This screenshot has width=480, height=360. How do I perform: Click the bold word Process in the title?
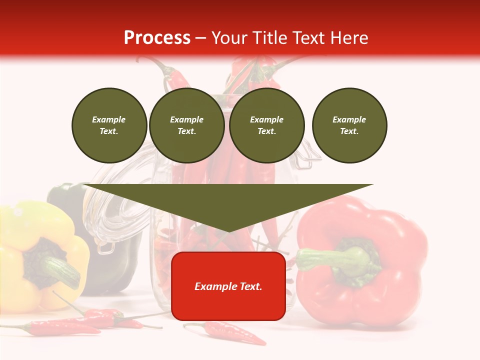(157, 38)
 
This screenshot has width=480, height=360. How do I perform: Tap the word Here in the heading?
(349, 38)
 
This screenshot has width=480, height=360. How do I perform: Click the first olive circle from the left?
(109, 125)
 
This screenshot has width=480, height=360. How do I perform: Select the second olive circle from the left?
(186, 125)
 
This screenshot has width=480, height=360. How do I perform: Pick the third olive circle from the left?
(266, 125)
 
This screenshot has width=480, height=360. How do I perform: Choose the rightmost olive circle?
(349, 125)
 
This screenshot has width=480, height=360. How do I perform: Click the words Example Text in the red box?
(228, 286)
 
